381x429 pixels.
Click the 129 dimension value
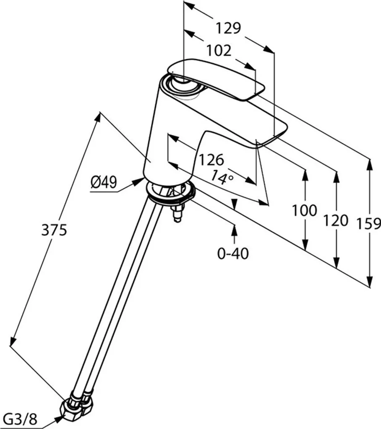coord(228,28)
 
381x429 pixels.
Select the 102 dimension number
coord(218,51)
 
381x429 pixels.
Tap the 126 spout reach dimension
coord(211,160)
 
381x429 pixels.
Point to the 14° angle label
coord(222,177)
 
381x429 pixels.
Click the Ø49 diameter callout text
coord(103,183)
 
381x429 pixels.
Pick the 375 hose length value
coord(54,230)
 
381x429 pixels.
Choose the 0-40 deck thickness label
coord(233,253)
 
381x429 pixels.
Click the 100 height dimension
coord(305,210)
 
